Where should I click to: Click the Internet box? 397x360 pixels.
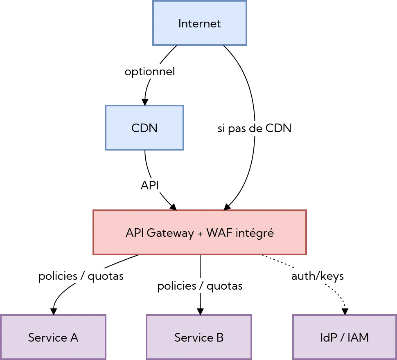tap(200, 23)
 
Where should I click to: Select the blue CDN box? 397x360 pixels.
tap(144, 128)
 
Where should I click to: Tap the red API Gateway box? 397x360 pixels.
tap(200, 233)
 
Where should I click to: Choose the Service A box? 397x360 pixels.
tap(53, 337)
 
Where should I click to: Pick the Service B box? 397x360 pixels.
tap(199, 337)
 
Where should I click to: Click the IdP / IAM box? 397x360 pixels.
tap(345, 337)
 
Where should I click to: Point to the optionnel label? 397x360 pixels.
tap(150, 72)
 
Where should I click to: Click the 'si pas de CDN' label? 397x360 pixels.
tap(255, 128)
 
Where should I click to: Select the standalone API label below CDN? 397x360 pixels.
tap(149, 185)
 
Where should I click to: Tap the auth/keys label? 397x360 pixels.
tap(318, 276)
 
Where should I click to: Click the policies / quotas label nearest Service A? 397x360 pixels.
tap(81, 276)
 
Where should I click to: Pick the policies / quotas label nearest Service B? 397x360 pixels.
tap(200, 286)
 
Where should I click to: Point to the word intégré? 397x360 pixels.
tap(254, 233)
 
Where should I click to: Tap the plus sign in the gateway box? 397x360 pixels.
tap(200, 234)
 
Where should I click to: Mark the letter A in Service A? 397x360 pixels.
tap(74, 337)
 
